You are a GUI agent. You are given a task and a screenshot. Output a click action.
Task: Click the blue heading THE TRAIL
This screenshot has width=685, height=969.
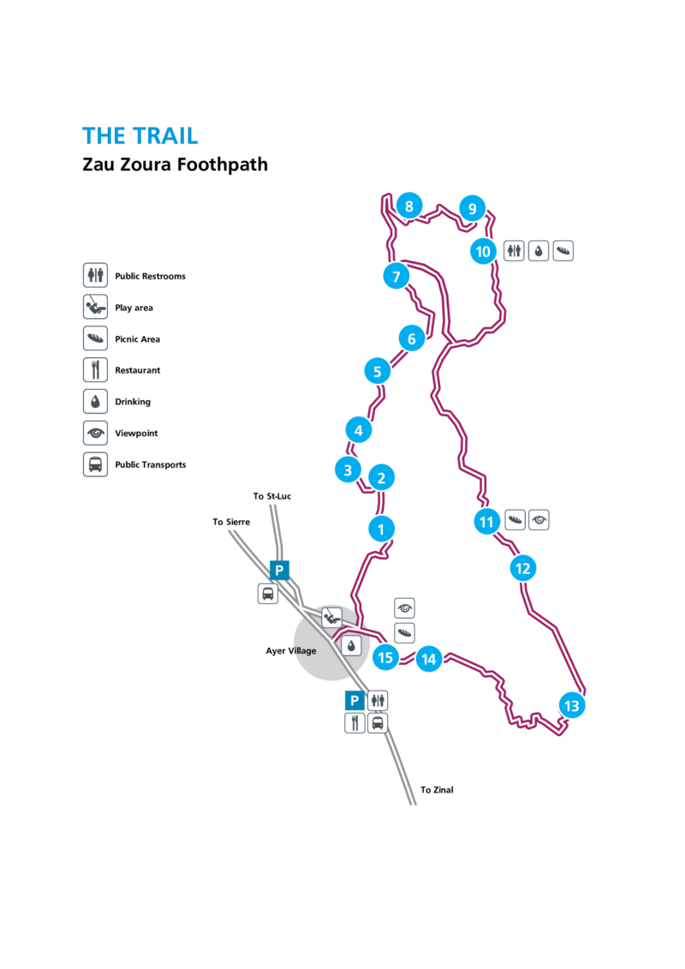tap(140, 136)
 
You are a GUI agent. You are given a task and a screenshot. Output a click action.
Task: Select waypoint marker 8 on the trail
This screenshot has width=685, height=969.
tap(409, 206)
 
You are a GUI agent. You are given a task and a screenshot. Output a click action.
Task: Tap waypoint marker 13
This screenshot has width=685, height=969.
tap(572, 706)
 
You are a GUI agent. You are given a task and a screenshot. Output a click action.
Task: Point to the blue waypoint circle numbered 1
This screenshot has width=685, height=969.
tap(381, 529)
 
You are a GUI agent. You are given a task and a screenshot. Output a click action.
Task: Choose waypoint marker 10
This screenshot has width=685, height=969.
tap(483, 252)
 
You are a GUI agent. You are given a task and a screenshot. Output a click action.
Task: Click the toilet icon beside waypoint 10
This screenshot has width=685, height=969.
tap(514, 250)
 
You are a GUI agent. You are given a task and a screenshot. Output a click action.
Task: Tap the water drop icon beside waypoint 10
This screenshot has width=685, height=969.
tap(539, 250)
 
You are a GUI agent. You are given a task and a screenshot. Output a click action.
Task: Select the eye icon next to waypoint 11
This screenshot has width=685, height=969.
tap(539, 520)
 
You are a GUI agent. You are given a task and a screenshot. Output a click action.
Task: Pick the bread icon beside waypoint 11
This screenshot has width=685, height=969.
tap(515, 520)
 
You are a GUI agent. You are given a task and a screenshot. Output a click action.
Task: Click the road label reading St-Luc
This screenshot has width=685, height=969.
tap(275, 495)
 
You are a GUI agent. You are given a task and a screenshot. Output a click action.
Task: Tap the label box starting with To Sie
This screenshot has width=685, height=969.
tap(224, 520)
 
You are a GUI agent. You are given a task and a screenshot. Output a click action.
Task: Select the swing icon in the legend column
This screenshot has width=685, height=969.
tap(95, 306)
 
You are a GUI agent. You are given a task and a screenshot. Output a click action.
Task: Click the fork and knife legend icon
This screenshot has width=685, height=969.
tap(95, 369)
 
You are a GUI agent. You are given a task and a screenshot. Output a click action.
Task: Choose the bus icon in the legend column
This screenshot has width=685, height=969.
tap(95, 464)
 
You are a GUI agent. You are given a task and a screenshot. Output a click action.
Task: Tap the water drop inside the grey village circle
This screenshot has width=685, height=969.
tap(351, 645)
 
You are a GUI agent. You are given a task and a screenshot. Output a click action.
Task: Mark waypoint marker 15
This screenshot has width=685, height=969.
tap(385, 657)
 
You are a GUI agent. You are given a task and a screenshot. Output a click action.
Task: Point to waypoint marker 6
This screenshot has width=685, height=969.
tap(411, 338)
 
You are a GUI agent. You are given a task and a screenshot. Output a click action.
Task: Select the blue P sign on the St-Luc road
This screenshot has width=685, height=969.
tap(279, 570)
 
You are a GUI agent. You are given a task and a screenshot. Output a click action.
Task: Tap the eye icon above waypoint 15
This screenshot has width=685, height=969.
tap(405, 608)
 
